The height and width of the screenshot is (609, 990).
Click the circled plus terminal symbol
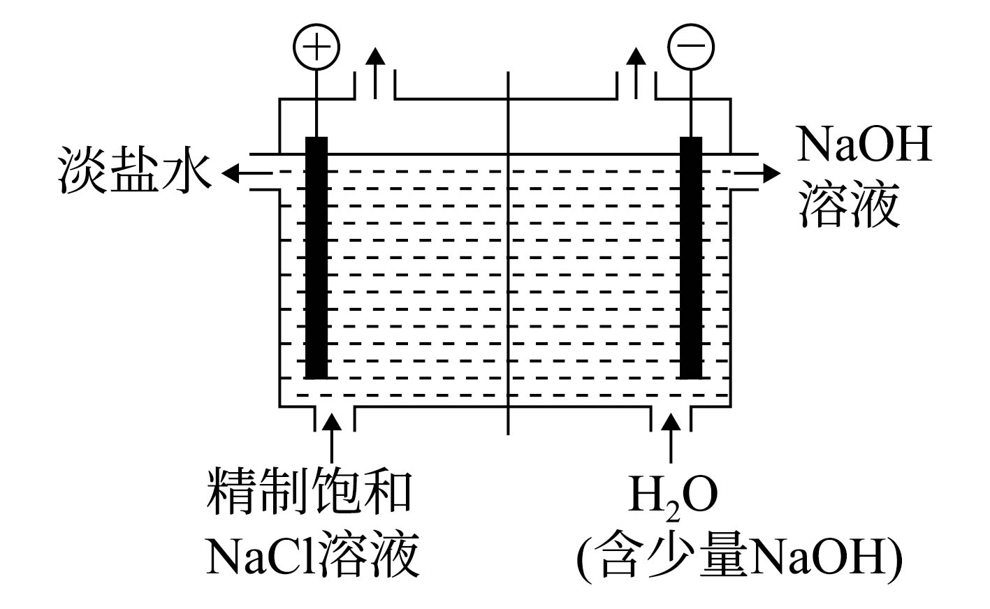pyautogui.click(x=316, y=47)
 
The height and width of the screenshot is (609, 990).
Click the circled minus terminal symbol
pyautogui.click(x=691, y=47)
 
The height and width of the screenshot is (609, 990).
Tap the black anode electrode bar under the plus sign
pyautogui.click(x=316, y=258)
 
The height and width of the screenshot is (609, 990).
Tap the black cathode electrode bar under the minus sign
pyautogui.click(x=691, y=258)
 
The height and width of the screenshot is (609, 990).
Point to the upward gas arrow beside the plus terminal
pyautogui.click(x=376, y=73)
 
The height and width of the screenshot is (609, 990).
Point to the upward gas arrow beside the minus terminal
pyautogui.click(x=636, y=73)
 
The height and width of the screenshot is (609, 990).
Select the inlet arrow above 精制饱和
pyautogui.click(x=332, y=438)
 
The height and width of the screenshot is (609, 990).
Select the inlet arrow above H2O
pyautogui.click(x=671, y=438)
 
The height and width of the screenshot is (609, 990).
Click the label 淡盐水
pyautogui.click(x=135, y=170)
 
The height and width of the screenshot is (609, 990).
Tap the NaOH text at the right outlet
pyautogui.click(x=864, y=144)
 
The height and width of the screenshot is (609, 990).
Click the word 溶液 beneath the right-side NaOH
pyautogui.click(x=850, y=204)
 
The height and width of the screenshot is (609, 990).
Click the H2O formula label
pyautogui.click(x=672, y=497)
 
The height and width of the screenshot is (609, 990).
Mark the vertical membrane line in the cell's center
pyautogui.click(x=508, y=253)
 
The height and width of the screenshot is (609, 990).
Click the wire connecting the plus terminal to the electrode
pyautogui.click(x=316, y=103)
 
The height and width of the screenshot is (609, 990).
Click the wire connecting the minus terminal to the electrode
pyautogui.click(x=691, y=103)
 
